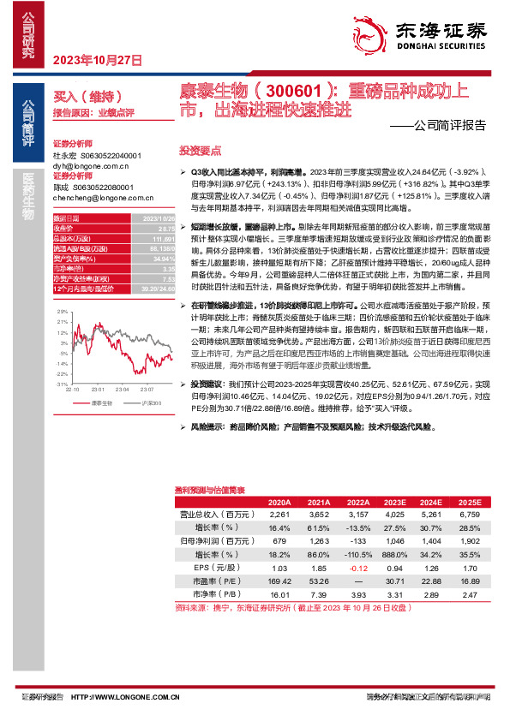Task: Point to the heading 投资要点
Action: tap(194, 149)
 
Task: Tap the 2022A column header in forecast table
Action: tap(358, 503)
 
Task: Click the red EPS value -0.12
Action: tap(358, 569)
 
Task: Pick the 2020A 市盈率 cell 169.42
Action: tap(279, 581)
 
